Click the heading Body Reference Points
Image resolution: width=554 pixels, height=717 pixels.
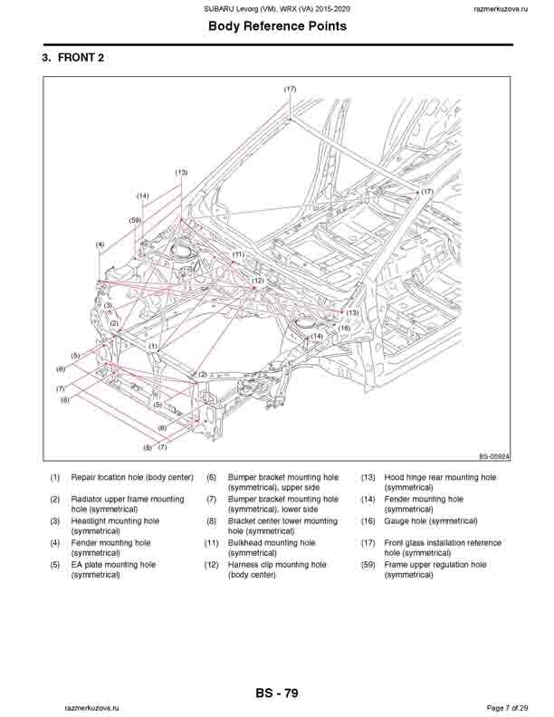[x=277, y=26]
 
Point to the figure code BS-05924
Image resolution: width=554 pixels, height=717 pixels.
[x=495, y=457]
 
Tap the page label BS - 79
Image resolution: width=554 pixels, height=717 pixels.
[x=277, y=693]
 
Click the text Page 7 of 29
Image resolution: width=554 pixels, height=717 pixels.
[x=512, y=706]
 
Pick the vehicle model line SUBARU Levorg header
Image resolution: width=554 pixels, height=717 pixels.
[x=277, y=8]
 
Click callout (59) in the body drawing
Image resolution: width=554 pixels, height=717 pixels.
[x=135, y=220]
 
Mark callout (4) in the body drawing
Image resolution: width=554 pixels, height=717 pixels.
[x=100, y=244]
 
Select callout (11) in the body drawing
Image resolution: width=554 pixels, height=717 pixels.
[x=238, y=255]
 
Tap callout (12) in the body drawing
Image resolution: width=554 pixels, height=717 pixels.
[x=258, y=282]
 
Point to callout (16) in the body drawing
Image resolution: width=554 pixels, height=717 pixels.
[x=344, y=329]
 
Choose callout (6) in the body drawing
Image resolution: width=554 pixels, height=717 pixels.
[x=61, y=369]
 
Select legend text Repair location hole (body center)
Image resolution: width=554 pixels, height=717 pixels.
[x=132, y=477]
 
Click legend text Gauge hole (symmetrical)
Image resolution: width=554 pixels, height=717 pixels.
[x=431, y=521]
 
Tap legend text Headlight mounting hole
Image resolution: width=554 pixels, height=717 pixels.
[x=115, y=521]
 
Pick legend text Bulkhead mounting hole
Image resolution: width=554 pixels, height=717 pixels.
[x=272, y=543]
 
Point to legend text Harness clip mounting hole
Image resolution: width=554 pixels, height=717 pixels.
[x=277, y=565]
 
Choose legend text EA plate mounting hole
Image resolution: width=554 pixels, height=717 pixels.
[x=113, y=565]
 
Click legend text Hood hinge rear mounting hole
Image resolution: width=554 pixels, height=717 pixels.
[x=440, y=477]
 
